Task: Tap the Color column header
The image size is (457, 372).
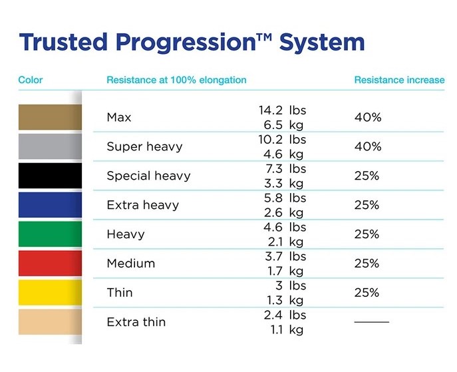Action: [31, 80]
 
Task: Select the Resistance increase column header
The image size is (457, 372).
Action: [399, 80]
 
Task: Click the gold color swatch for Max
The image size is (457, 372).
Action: [50, 117]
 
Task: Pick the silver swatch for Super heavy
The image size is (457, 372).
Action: [50, 146]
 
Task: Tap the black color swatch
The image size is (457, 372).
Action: [50, 176]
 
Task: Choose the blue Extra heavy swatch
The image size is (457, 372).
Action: [50, 205]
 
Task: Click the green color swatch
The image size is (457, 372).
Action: [50, 234]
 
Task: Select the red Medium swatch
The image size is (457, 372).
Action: [50, 264]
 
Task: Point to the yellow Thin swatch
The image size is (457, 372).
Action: [50, 292]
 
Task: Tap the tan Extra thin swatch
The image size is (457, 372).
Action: [50, 322]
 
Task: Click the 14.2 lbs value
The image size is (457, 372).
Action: [283, 110]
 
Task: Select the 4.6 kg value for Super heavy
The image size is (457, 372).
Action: [283, 154]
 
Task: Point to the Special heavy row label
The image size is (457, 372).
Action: [148, 176]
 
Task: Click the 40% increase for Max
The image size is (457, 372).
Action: [368, 118]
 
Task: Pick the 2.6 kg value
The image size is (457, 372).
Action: [283, 213]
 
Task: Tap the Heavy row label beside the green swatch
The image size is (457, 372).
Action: [126, 234]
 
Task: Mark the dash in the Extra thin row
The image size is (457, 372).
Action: [372, 322]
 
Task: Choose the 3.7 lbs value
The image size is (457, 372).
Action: [285, 256]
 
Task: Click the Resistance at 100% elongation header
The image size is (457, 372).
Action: [176, 80]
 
